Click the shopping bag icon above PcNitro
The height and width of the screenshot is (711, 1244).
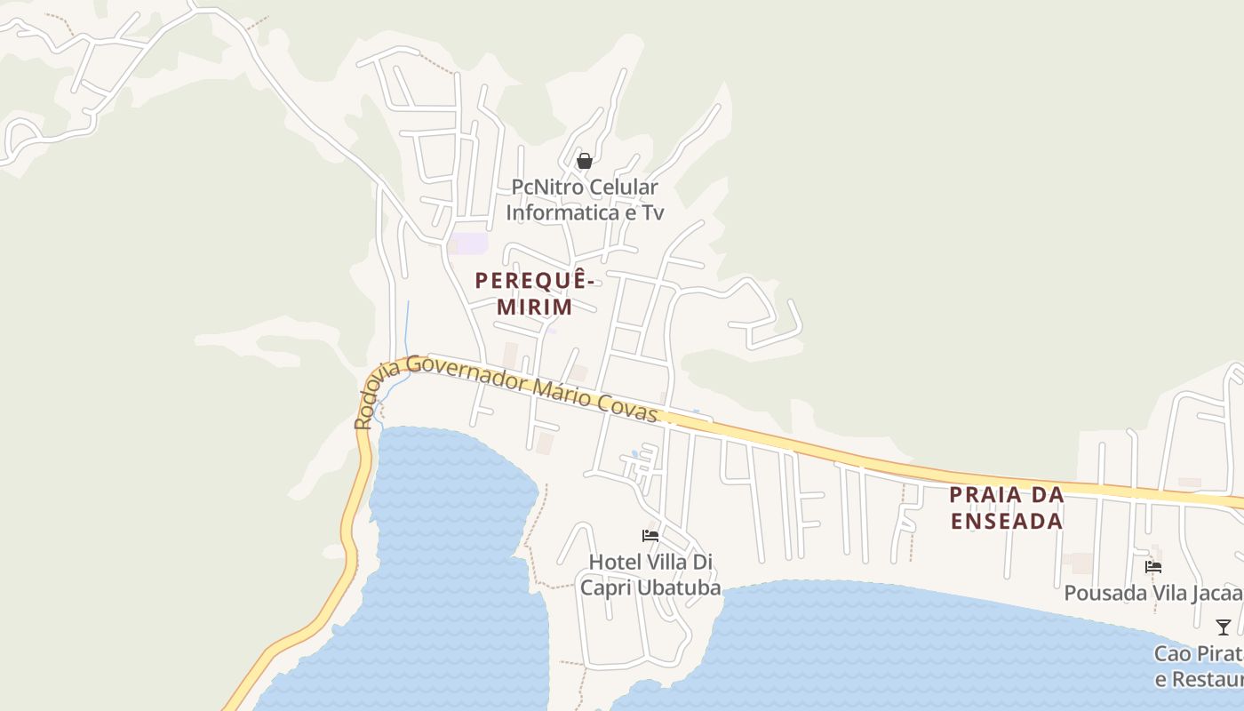click(585, 161)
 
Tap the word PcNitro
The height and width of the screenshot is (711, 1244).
click(546, 188)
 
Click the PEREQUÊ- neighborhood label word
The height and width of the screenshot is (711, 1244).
click(534, 281)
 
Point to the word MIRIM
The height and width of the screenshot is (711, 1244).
click(534, 308)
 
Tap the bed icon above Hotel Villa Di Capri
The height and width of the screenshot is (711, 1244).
click(650, 536)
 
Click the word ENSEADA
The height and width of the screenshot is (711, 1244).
click(1007, 521)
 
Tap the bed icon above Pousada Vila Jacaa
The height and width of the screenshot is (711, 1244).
click(1153, 566)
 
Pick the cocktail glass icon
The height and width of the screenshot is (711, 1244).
click(1224, 627)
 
